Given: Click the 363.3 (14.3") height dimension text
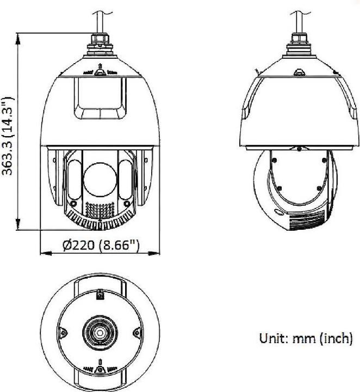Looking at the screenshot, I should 8,136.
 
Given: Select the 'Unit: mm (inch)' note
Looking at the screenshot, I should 306,339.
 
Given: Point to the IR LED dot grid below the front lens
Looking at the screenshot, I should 100,210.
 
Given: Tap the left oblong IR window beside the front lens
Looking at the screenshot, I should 75,177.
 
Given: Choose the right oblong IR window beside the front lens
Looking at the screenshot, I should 126,177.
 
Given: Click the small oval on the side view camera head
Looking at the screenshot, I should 280,212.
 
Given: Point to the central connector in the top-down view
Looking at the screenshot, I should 100,333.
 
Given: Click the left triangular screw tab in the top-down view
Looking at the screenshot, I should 63,330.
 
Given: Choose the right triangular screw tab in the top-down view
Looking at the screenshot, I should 136,330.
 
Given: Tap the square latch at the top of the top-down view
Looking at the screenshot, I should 100,296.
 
